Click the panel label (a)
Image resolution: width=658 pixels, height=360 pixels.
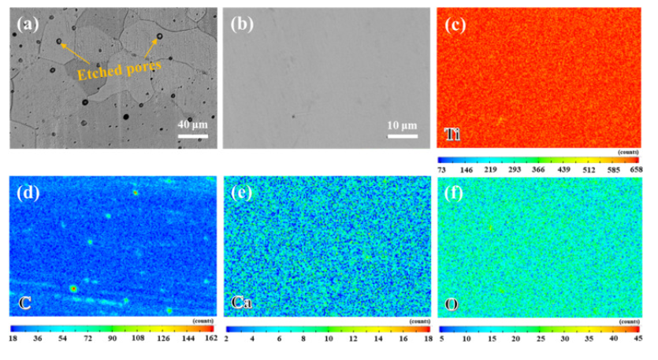[27, 24]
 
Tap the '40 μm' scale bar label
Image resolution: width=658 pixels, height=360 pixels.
[192, 124]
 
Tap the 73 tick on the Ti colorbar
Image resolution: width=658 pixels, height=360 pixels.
[444, 169]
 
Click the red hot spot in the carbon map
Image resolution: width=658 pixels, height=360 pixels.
[73, 289]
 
